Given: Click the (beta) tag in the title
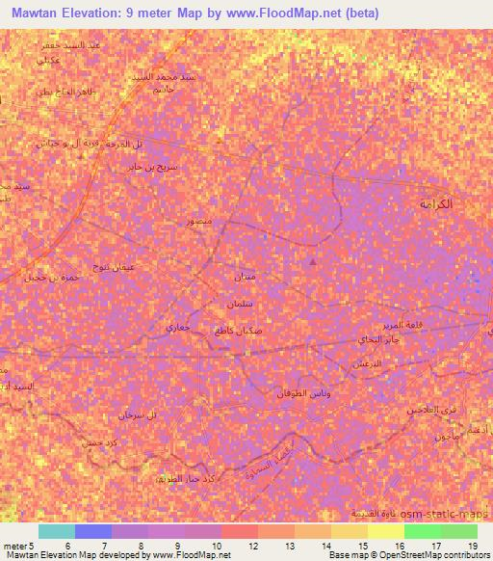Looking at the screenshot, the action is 358,13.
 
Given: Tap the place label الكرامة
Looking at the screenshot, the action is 435,204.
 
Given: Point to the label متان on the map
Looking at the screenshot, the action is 245,278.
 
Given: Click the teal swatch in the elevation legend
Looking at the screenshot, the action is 57,531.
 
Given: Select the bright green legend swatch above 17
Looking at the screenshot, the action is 422,531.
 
